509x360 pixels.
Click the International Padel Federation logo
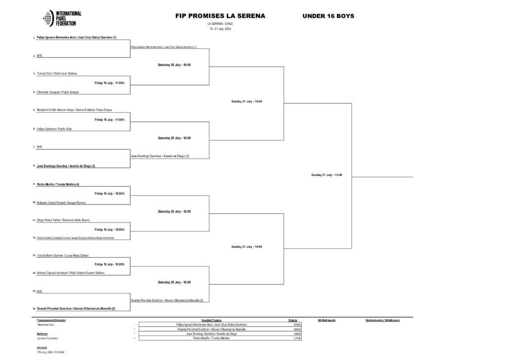[62, 18]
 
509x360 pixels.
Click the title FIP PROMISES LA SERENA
[220, 16]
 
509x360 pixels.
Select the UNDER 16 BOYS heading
[328, 16]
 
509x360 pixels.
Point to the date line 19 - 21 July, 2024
[220, 29]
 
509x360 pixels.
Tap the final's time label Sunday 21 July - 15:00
[327, 175]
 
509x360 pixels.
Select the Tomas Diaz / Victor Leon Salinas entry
[57, 73]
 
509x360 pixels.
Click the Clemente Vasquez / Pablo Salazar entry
[58, 92]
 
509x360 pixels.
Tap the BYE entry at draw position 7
[40, 147]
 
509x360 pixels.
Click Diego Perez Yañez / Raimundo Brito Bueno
[63, 220]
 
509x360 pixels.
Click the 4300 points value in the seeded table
[297, 325]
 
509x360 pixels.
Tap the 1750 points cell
[297, 338]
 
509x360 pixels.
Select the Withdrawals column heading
[327, 320]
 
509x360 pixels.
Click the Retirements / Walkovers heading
[383, 320]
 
